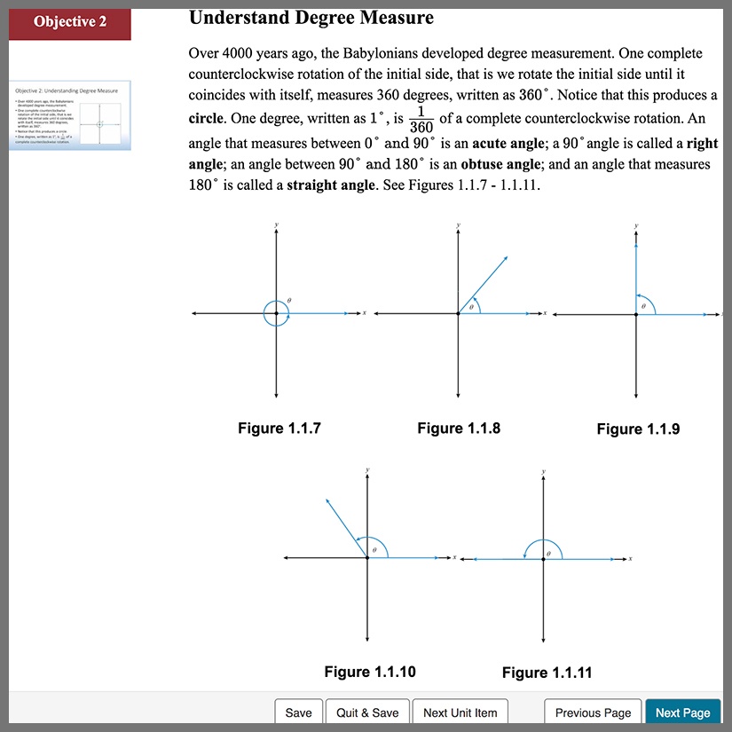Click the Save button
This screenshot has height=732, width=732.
click(x=299, y=712)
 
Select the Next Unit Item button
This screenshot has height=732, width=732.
click(x=460, y=712)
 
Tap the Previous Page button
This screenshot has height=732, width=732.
click(x=593, y=712)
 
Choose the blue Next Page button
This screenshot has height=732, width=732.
click(x=682, y=712)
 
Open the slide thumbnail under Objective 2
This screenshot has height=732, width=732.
click(x=70, y=115)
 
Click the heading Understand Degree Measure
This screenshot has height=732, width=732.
click(x=311, y=17)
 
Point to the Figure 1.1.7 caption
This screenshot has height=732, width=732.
click(x=279, y=429)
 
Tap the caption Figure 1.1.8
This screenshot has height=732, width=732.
click(x=459, y=429)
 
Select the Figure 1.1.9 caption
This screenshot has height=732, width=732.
click(x=638, y=429)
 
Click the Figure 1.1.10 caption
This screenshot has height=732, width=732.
click(x=370, y=672)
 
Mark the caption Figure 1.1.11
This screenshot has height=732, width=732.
click(x=547, y=673)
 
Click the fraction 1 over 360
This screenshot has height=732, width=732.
click(x=422, y=119)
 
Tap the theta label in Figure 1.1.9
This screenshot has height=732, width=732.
click(x=644, y=305)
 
